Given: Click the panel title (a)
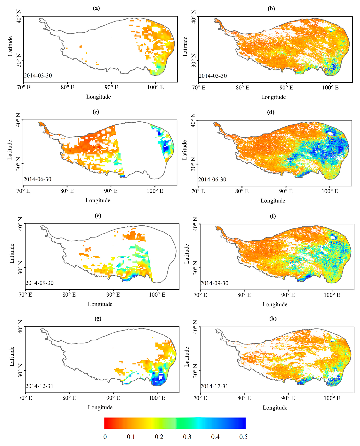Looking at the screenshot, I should coord(96,8).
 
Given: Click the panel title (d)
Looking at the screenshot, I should coord(271,112).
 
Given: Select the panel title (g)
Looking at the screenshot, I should coord(98,318).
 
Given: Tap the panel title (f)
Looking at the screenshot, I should coord(273,216).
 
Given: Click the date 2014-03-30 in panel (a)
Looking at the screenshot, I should coord(38,75).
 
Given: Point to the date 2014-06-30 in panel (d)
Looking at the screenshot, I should coord(212,179).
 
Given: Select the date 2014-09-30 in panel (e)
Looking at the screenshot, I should coord(39,283).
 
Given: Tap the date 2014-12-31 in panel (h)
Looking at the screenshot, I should coord(214,386).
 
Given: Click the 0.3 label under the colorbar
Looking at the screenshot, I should coord(187,437).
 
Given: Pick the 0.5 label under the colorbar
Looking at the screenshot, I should coord(243,437).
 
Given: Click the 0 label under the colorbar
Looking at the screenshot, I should coord(105,437).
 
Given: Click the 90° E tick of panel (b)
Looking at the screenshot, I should coord(286,88).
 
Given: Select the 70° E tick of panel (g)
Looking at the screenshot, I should coord(26,398).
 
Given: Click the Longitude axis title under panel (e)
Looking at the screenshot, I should coord(100,304).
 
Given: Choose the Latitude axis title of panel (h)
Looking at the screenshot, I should coord(187,357).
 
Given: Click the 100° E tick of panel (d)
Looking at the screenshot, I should coord(329,191).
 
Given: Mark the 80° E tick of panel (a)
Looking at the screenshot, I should coord(68,87).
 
